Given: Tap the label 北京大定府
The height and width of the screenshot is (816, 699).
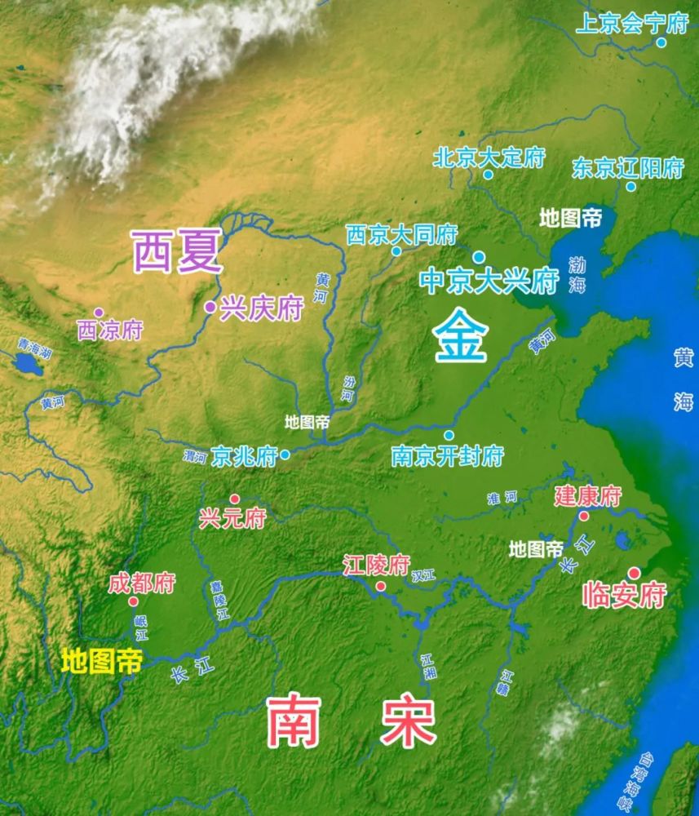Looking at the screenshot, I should (x=489, y=157).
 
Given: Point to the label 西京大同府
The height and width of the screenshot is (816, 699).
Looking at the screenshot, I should (x=401, y=235).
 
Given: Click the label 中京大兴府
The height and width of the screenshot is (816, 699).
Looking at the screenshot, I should (x=489, y=281).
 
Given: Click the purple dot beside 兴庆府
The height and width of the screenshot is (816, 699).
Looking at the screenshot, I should (x=210, y=308).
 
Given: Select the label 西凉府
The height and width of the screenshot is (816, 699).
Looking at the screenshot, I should (x=110, y=330).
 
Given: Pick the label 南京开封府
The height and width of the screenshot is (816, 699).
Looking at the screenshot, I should (x=447, y=456).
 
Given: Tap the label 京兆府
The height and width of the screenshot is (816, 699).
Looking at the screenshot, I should (x=244, y=455).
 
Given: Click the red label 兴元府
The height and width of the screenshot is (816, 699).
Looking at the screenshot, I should (x=232, y=518).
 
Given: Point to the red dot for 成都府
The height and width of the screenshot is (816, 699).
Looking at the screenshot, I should (x=133, y=601).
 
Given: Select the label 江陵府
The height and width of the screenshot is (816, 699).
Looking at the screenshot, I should (x=376, y=565).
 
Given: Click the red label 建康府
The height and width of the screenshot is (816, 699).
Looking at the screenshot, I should (x=588, y=495).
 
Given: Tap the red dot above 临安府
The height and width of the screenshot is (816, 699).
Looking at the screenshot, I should (x=633, y=573).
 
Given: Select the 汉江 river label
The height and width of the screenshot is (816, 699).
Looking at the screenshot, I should (x=423, y=576).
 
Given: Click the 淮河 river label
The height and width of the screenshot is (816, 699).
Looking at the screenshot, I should (x=502, y=498).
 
